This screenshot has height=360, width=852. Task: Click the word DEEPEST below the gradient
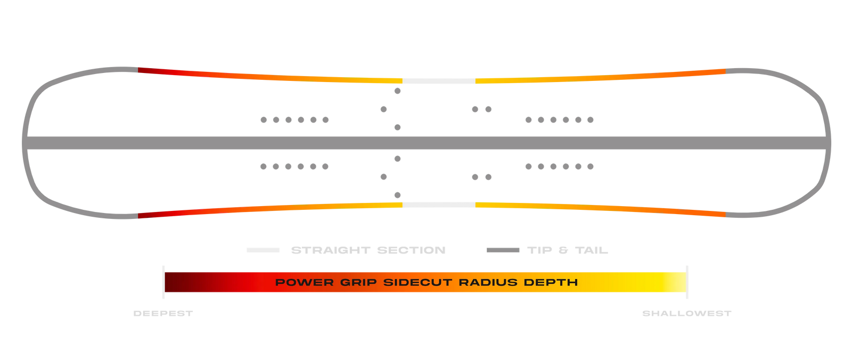(163, 314)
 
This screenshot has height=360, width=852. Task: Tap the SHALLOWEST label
(686, 314)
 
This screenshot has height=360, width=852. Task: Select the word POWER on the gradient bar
(304, 282)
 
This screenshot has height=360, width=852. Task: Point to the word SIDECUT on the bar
(417, 282)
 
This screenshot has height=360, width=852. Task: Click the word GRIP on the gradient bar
(358, 282)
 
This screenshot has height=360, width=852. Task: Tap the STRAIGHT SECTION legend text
(368, 250)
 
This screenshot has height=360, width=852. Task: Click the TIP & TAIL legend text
(568, 250)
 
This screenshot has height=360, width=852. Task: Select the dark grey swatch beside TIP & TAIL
(503, 250)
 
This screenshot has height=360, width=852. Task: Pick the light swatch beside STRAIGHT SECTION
(263, 250)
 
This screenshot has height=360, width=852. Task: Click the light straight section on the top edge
(439, 81)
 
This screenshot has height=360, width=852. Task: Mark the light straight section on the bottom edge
(439, 204)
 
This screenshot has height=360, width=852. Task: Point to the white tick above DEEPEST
(163, 282)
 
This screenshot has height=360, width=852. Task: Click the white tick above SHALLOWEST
(687, 282)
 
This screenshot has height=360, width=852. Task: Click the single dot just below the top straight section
(397, 91)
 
